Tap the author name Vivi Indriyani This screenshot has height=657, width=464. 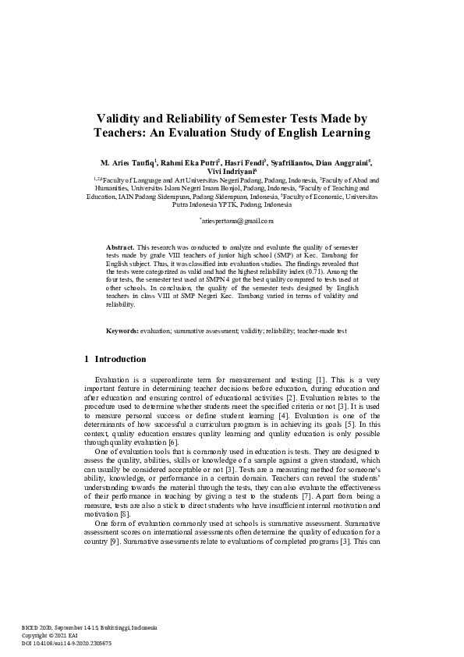[x=231, y=173]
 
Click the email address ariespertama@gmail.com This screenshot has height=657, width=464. [x=232, y=222]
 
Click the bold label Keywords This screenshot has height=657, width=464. [x=122, y=353]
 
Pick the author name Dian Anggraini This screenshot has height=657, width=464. [x=340, y=163]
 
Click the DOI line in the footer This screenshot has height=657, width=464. [x=66, y=644]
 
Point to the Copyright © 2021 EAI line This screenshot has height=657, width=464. [x=51, y=636]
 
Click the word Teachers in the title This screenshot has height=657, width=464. [x=122, y=133]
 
